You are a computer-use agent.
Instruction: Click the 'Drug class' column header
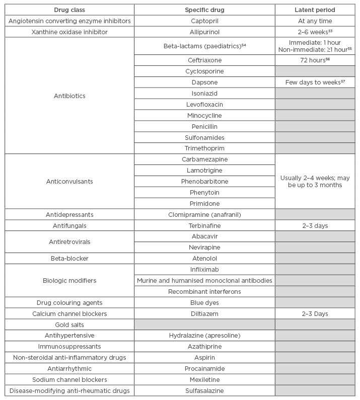(69, 10)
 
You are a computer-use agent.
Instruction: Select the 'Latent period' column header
(315, 10)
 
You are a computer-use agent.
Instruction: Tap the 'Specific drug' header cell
(204, 10)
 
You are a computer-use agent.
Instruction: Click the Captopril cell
(204, 21)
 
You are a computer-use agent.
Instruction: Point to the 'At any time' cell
(315, 21)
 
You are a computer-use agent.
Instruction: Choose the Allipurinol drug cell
(204, 32)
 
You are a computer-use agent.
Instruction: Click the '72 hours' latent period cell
(315, 60)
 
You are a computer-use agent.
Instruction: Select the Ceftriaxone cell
(204, 60)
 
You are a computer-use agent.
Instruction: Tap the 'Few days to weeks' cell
(315, 83)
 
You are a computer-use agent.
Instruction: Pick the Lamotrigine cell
(204, 170)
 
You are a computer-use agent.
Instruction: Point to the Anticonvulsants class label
(69, 181)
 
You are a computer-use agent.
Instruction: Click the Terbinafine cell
(204, 225)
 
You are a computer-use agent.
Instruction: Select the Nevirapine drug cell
(204, 248)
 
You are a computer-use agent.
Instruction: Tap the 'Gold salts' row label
(69, 324)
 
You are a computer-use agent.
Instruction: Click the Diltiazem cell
(204, 313)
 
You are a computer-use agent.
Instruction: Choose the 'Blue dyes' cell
(204, 302)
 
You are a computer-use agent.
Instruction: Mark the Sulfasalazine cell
(204, 390)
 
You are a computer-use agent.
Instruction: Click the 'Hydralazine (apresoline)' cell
(204, 336)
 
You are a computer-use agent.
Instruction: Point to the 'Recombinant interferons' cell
(204, 291)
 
